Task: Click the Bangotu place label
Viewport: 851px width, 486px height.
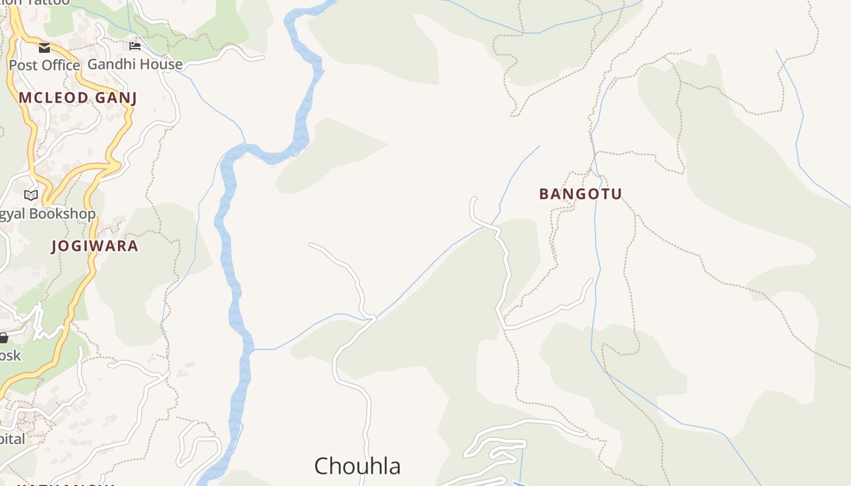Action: pyautogui.click(x=581, y=194)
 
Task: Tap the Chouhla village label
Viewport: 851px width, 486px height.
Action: pyautogui.click(x=357, y=466)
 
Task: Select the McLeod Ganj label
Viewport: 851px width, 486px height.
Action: pyautogui.click(x=78, y=98)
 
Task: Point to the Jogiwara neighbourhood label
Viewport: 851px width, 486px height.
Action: pyautogui.click(x=95, y=246)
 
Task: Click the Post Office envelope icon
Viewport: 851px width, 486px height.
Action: pyautogui.click(x=44, y=47)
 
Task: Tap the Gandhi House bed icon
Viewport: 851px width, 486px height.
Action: pyautogui.click(x=135, y=46)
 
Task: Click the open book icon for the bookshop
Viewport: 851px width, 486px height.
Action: pyautogui.click(x=31, y=195)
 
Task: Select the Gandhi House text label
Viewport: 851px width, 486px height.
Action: pyautogui.click(x=135, y=64)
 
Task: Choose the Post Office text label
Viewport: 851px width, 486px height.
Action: pyautogui.click(x=44, y=65)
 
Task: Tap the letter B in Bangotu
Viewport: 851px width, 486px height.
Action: pyautogui.click(x=544, y=194)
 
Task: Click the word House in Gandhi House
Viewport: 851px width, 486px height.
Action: pyautogui.click(x=160, y=64)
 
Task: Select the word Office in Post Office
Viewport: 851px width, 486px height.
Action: pyautogui.click(x=58, y=65)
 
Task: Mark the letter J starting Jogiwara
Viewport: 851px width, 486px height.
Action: pyautogui.click(x=55, y=246)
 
